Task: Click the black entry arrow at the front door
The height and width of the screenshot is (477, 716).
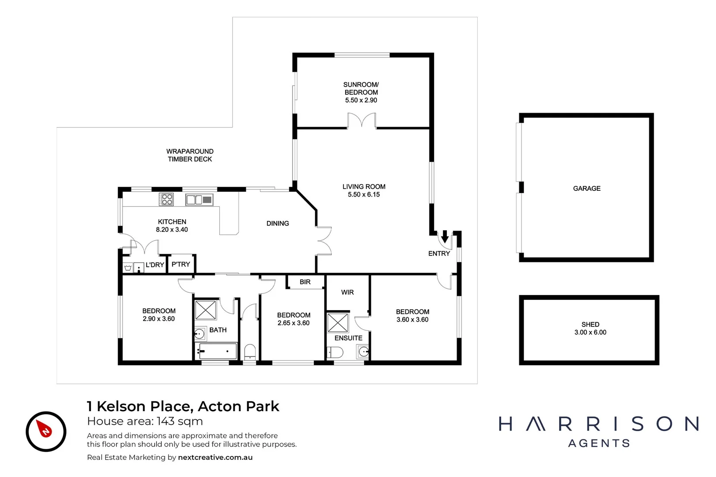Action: [x=445, y=237]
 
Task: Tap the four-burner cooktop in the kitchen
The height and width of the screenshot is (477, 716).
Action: [x=167, y=200]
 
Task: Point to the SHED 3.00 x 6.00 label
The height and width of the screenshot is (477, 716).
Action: [x=590, y=328]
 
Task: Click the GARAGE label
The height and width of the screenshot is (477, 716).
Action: [x=587, y=189]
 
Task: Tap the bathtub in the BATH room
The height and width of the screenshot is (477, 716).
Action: [x=217, y=352]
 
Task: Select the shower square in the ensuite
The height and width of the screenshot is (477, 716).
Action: [x=338, y=322]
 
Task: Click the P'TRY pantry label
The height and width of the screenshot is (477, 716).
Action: [x=181, y=264]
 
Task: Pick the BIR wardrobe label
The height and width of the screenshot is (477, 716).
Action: [x=305, y=282]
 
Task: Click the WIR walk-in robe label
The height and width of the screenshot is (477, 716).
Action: [x=347, y=292]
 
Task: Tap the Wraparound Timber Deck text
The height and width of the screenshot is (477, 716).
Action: [x=190, y=155]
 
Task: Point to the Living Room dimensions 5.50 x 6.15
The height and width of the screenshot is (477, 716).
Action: [x=364, y=194]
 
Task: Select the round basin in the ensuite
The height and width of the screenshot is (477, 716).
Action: [x=363, y=352]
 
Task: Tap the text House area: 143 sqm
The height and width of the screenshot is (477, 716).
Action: [x=145, y=421]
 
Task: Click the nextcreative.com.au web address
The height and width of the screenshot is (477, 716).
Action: [x=215, y=458]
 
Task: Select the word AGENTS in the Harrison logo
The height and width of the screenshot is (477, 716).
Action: [x=599, y=443]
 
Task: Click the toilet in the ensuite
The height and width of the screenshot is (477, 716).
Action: [x=335, y=352]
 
